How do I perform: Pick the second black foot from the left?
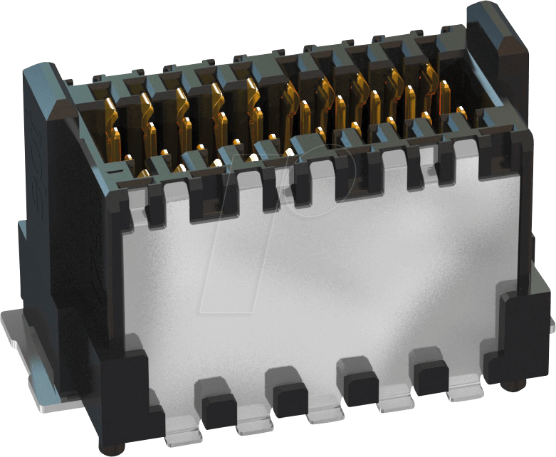[290, 400]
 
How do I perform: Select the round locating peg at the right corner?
[511, 385]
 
